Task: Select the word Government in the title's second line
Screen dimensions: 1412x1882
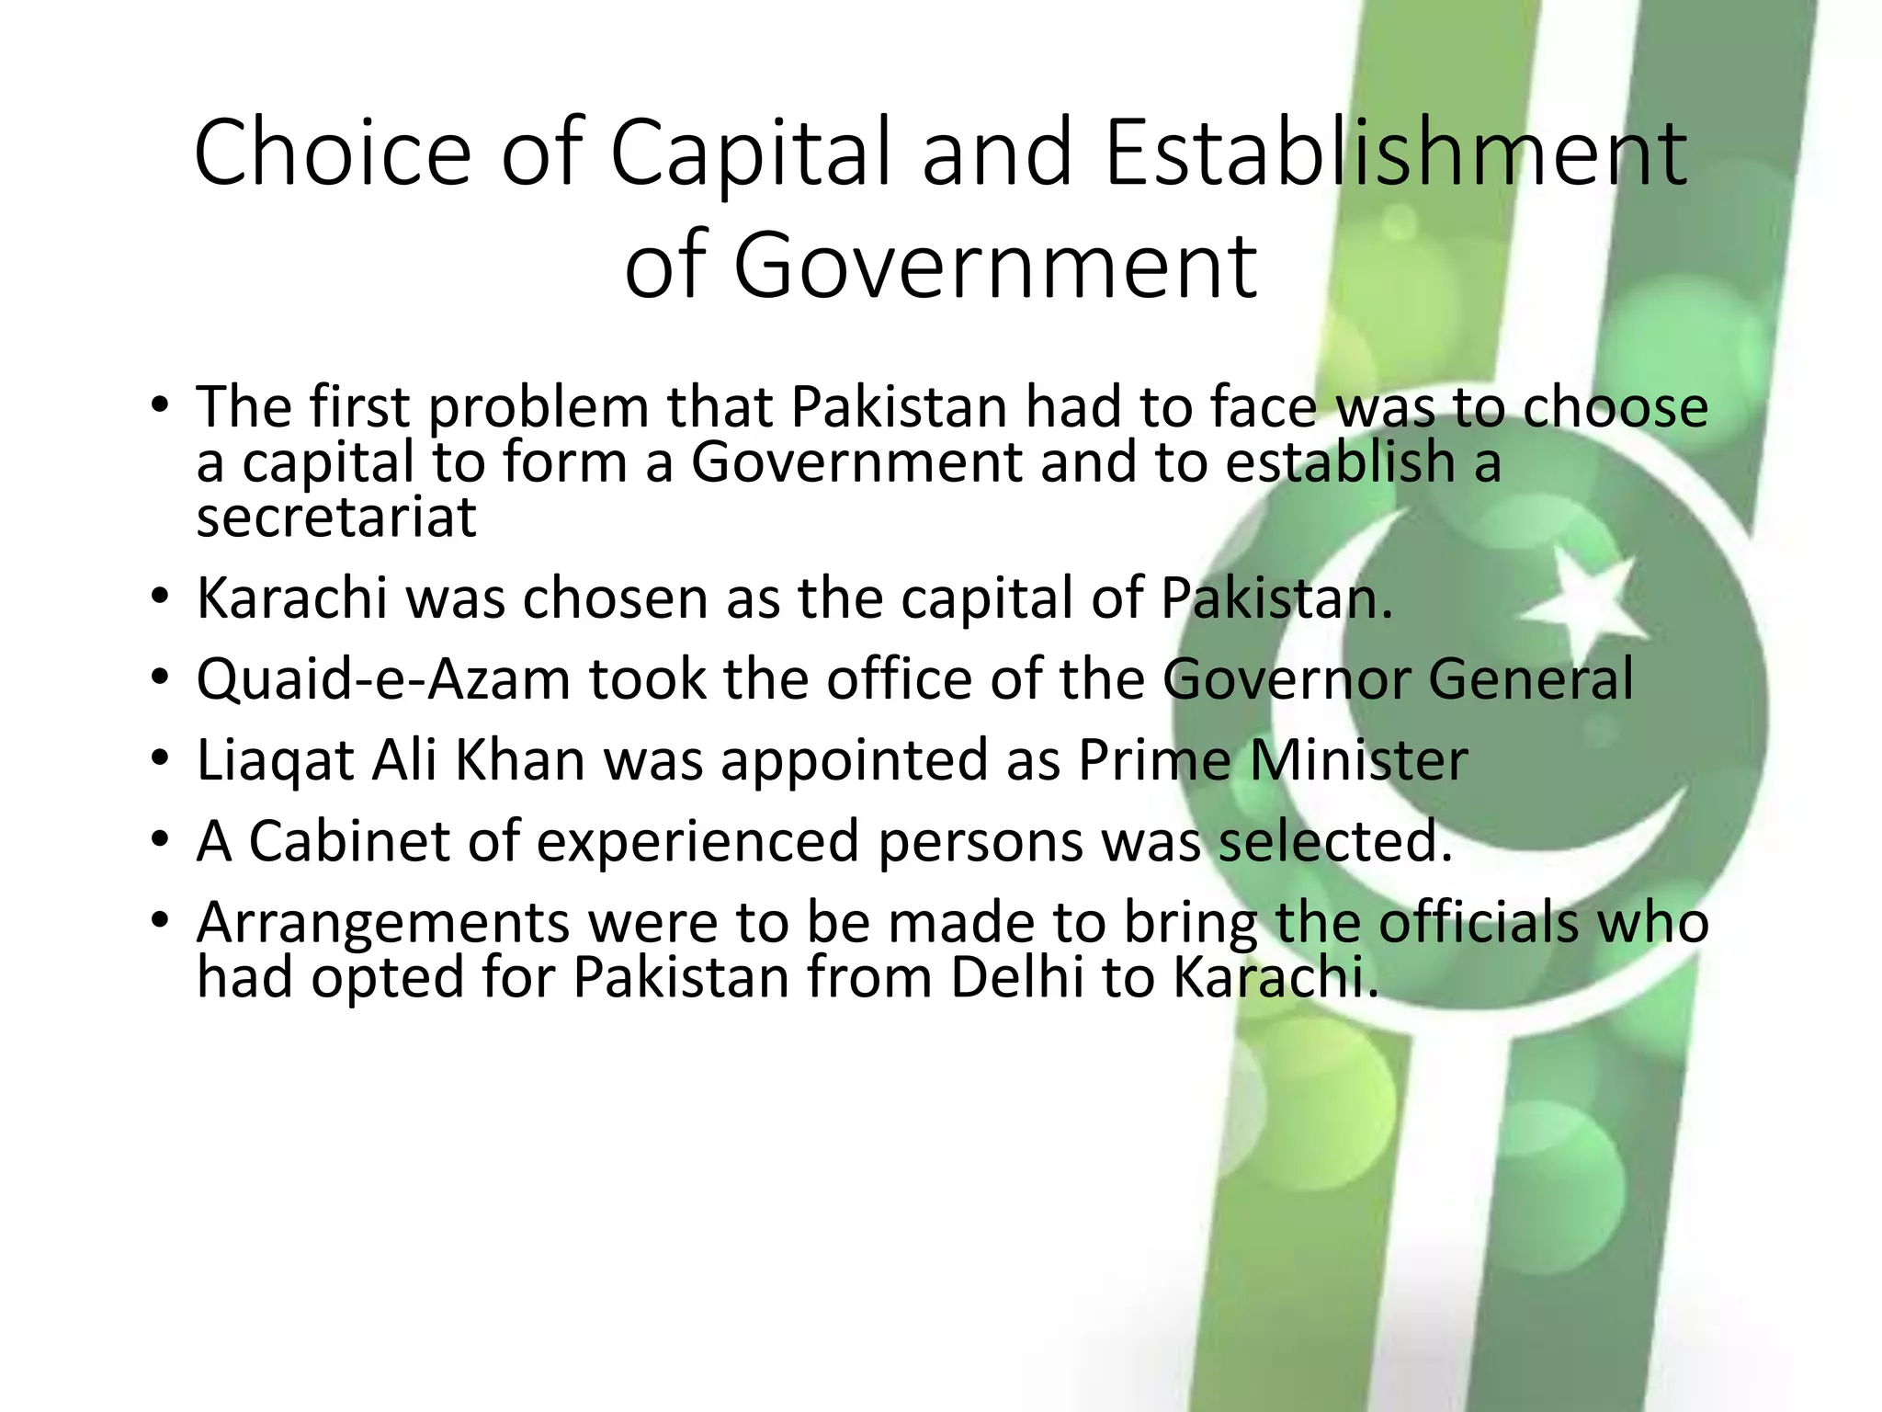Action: coord(995,267)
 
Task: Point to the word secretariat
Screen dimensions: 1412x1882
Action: coord(336,517)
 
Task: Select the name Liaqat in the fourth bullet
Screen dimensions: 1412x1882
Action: coord(275,762)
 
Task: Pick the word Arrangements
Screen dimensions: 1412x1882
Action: coord(382,924)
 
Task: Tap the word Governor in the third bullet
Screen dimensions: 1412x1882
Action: coord(1285,679)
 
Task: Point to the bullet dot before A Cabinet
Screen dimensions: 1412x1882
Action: coord(161,840)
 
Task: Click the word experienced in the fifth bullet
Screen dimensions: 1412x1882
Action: coord(697,842)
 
